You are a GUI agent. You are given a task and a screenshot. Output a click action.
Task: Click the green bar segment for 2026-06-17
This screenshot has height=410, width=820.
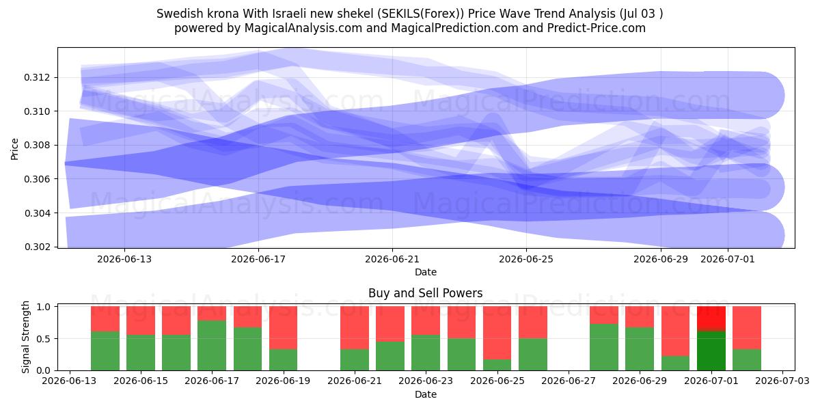coord(212,345)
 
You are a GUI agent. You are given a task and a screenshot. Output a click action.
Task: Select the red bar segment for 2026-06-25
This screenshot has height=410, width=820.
coord(497,333)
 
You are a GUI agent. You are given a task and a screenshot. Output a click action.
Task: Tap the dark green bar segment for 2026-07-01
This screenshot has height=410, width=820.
coord(711,351)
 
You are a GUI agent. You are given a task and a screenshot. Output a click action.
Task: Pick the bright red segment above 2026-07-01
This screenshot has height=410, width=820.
coord(711,319)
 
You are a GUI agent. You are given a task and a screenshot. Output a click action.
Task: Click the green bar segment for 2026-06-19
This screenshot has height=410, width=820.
coord(283,360)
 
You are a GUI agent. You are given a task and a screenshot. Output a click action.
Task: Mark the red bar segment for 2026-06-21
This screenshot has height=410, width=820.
coord(355,327)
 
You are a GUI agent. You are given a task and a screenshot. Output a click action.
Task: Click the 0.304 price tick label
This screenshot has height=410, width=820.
coord(37,213)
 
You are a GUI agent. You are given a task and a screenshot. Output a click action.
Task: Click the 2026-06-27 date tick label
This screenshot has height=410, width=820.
coord(568,381)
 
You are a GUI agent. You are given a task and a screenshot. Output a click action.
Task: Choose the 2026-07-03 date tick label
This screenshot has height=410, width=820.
coord(782,381)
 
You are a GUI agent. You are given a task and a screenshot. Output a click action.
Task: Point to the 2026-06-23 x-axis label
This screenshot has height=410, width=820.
coord(425,381)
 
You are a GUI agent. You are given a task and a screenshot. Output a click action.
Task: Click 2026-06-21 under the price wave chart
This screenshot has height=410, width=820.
coord(392,259)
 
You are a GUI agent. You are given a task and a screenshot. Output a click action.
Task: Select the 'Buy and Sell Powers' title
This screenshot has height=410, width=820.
coord(425,293)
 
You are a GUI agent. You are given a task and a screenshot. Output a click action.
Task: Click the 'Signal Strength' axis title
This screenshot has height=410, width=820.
coord(25,337)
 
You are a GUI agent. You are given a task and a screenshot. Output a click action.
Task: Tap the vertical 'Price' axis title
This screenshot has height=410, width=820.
coord(14,149)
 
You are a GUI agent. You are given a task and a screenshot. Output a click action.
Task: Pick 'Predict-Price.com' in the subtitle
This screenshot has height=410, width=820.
coord(597,28)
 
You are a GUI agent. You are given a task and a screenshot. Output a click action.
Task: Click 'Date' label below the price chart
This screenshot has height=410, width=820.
coord(425,272)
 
